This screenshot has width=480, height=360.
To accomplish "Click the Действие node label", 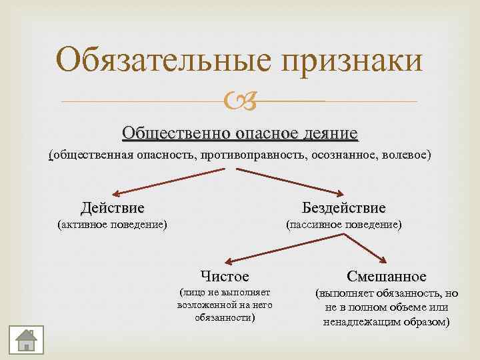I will click(112, 208).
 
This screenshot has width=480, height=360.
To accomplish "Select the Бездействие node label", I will click(343, 208).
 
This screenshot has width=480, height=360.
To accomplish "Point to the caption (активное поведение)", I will click(112, 225).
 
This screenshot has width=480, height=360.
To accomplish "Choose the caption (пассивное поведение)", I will click(343, 225).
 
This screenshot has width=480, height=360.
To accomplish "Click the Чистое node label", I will click(225, 275).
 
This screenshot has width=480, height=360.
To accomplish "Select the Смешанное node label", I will click(387, 275).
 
